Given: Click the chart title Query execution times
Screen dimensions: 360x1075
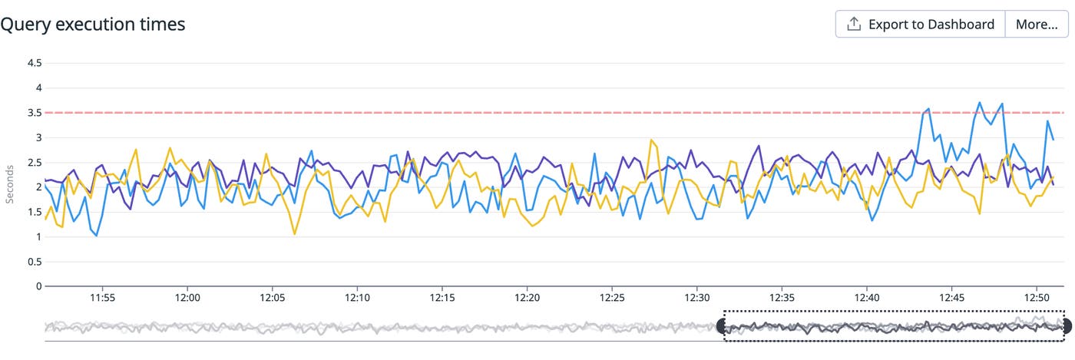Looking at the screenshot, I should point(93,25).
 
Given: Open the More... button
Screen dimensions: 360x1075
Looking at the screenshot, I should point(1037,25).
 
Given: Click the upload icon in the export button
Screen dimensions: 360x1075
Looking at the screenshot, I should point(853,25).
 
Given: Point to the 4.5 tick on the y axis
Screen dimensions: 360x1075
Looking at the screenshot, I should point(33,63).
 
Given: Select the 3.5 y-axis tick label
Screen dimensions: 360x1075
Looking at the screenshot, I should point(33,113).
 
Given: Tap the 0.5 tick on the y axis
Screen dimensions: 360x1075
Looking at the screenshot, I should point(33,262).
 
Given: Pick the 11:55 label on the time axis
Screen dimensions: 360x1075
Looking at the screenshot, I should point(102,298).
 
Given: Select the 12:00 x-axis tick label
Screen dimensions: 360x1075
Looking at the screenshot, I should point(187,298).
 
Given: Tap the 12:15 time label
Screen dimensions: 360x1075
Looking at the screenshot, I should point(442,298).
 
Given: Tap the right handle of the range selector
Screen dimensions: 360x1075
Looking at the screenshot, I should point(1066,326).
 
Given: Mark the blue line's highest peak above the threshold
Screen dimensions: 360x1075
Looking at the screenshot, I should point(980,102).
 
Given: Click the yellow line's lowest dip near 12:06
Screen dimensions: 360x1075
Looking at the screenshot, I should point(295,234).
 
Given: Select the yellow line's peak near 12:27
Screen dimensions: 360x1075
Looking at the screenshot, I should point(651,140).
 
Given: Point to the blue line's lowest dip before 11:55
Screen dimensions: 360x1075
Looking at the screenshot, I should point(97,236).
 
